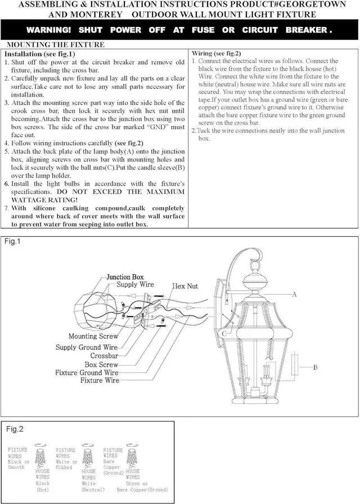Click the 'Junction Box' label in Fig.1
125,277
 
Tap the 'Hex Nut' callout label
185,286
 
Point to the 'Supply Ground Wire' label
86,348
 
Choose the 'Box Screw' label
101,364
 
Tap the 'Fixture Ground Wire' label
87,372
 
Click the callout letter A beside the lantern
294,294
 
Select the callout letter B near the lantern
316,367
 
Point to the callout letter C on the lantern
224,334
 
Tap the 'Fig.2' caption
15,429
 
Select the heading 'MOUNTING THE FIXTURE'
55,44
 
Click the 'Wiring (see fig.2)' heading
217,53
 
